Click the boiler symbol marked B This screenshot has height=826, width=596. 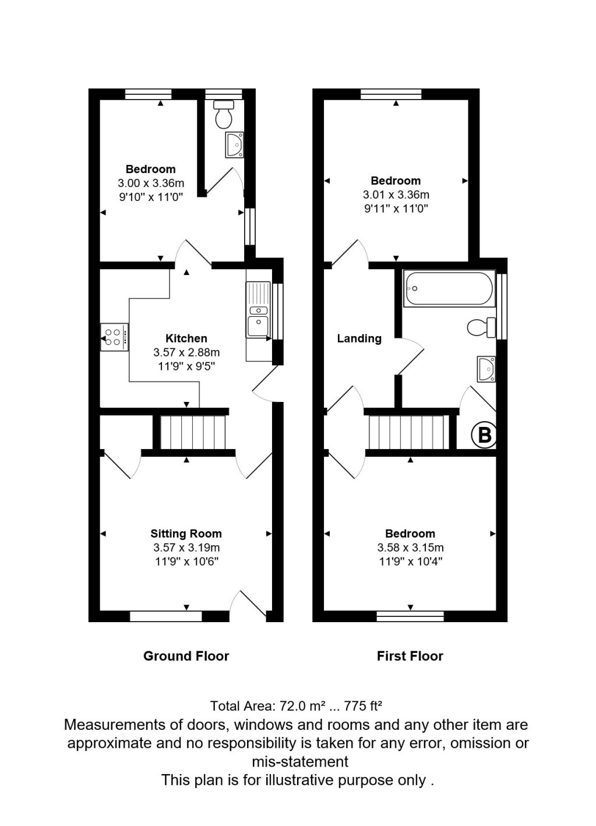pyautogui.click(x=485, y=435)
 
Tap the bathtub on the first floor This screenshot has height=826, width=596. pyautogui.click(x=449, y=288)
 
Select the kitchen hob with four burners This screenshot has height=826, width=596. pyautogui.click(x=114, y=337)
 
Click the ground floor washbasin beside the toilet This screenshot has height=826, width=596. pyautogui.click(x=235, y=144)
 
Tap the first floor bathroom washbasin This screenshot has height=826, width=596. pyautogui.click(x=486, y=369)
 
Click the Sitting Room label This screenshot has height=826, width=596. pyautogui.click(x=186, y=533)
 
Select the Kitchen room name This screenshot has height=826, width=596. pyautogui.click(x=186, y=338)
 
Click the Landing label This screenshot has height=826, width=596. pyautogui.click(x=359, y=338)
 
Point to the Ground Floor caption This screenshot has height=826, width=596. pyautogui.click(x=186, y=656)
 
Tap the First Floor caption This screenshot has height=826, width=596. pyautogui.click(x=410, y=656)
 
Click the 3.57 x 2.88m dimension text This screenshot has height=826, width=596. pyautogui.click(x=186, y=352)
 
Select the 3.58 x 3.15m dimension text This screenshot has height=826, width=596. pyautogui.click(x=410, y=548)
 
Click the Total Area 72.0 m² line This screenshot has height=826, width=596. pyautogui.click(x=296, y=706)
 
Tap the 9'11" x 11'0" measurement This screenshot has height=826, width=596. pyautogui.click(x=396, y=209)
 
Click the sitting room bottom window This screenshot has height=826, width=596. pyautogui.click(x=165, y=616)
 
